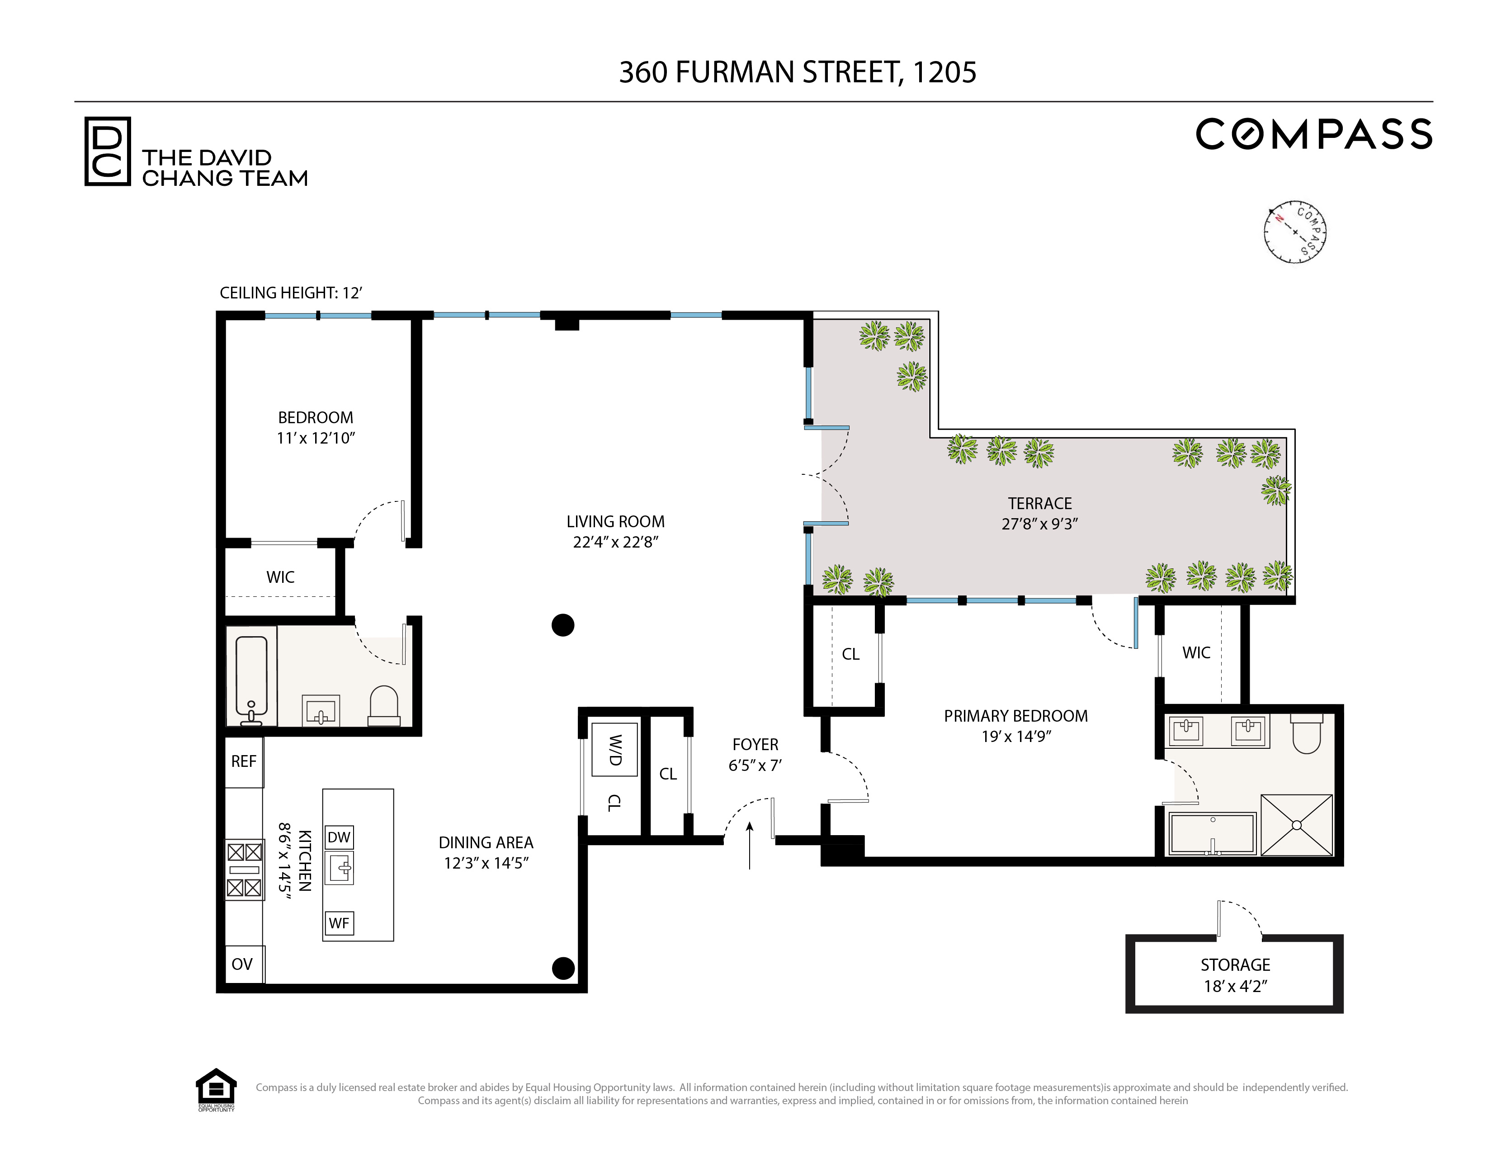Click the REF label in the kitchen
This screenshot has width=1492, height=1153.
point(243,761)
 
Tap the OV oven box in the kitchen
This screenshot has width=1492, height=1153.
point(242,964)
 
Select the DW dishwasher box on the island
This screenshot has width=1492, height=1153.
point(339,837)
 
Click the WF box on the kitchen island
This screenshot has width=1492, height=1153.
point(339,923)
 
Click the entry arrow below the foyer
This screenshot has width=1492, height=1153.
point(750,846)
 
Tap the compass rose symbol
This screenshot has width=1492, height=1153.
point(1294,232)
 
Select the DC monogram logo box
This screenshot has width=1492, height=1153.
point(107,151)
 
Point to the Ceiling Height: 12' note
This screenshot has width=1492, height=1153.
point(290,293)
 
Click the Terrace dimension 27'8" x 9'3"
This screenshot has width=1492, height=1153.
point(1039,524)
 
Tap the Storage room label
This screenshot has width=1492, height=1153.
point(1235,965)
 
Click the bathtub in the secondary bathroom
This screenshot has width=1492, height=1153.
point(251,676)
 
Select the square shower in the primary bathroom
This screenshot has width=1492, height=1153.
point(1296,825)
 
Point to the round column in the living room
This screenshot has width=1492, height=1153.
point(563,625)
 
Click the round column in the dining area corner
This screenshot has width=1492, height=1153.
point(563,968)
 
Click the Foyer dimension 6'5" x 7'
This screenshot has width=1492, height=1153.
point(755,766)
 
